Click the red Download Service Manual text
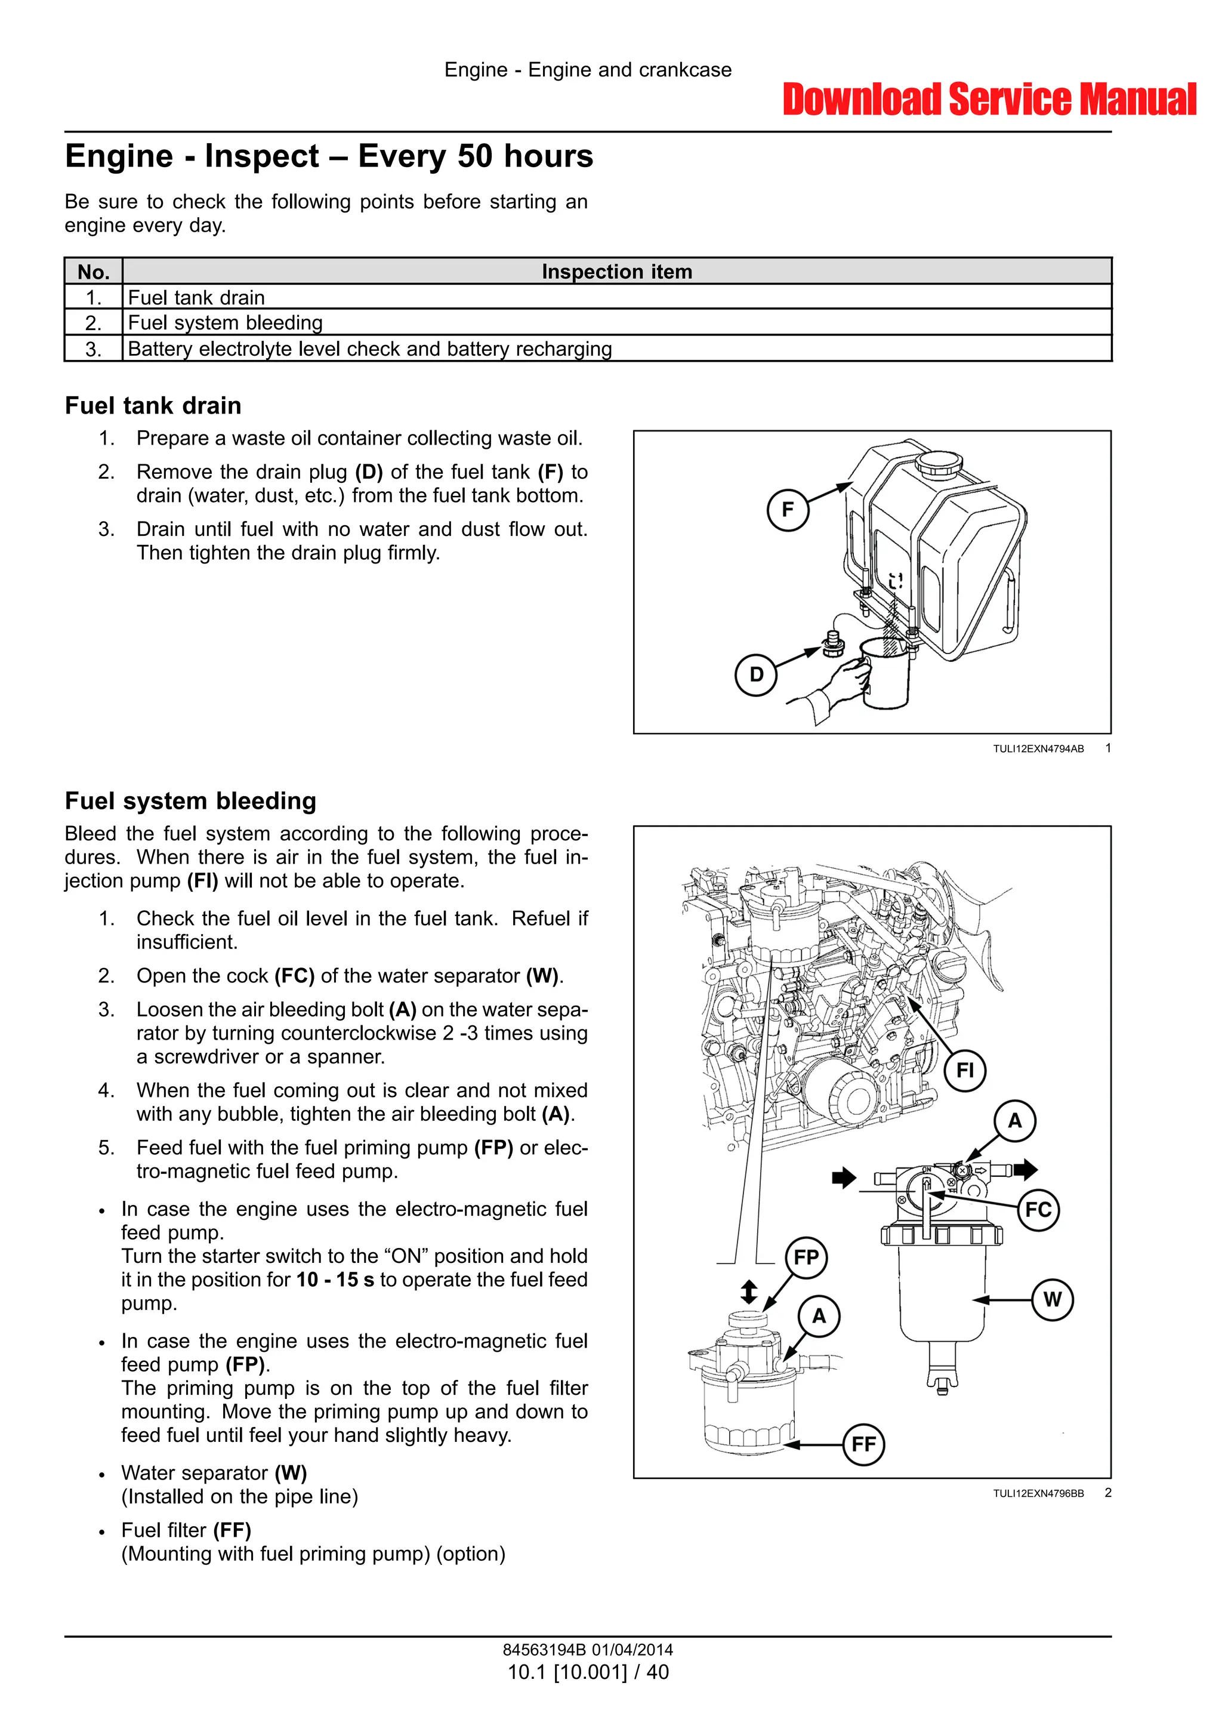(989, 100)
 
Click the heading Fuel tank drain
(153, 406)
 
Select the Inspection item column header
(616, 272)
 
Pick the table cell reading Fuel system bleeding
(225, 323)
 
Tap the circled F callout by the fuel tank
(788, 510)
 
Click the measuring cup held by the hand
(886, 674)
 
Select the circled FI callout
(964, 1070)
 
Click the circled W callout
(1052, 1300)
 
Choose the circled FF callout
(863, 1444)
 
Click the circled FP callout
(806, 1258)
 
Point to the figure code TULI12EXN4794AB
(1038, 748)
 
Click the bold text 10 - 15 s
(335, 1280)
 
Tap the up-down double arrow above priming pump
(748, 1292)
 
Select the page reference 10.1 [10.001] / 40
(588, 1672)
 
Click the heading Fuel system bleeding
(190, 800)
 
